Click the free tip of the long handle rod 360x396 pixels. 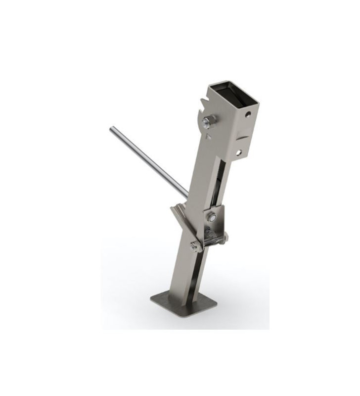(112, 129)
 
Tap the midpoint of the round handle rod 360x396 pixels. (148, 162)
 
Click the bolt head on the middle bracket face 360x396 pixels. (212, 216)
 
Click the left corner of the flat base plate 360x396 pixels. (152, 299)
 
